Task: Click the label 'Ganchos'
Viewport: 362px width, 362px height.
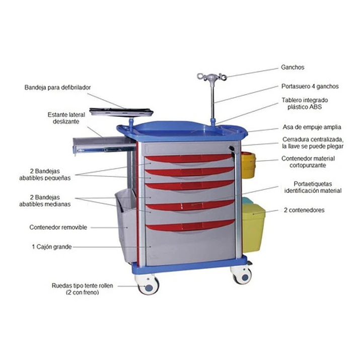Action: click(x=293, y=67)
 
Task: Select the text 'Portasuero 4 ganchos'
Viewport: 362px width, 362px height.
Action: click(x=310, y=86)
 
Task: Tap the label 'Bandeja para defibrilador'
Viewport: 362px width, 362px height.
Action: click(x=57, y=88)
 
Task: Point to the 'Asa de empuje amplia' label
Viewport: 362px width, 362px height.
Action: click(x=312, y=127)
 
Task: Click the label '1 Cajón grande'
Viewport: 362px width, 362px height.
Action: click(x=52, y=247)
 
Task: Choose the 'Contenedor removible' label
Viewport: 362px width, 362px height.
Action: click(x=58, y=227)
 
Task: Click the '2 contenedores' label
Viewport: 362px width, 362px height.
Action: click(x=304, y=210)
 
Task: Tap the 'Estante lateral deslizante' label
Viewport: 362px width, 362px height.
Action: click(x=66, y=118)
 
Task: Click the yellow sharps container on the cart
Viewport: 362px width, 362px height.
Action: click(x=248, y=165)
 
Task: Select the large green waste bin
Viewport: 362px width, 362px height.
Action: click(x=253, y=228)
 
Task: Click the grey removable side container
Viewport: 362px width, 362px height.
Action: click(x=126, y=225)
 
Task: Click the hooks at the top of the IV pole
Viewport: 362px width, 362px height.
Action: click(x=212, y=77)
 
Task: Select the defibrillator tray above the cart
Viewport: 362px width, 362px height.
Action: click(x=121, y=112)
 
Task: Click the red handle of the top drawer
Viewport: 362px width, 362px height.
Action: click(x=189, y=158)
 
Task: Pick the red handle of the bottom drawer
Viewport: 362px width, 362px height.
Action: click(x=190, y=225)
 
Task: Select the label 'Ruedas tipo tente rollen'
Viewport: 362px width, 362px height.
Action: click(x=83, y=285)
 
